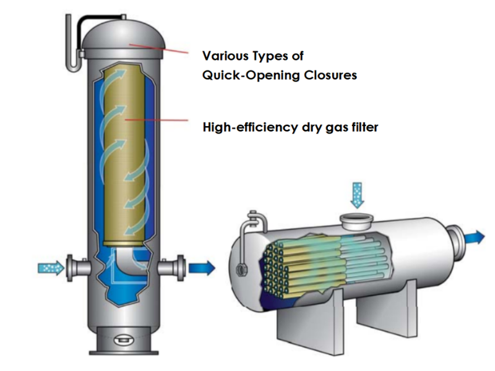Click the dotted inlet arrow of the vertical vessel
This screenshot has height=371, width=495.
pyautogui.click(x=50, y=268)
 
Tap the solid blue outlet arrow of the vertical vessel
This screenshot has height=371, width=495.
pyautogui.click(x=202, y=268)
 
